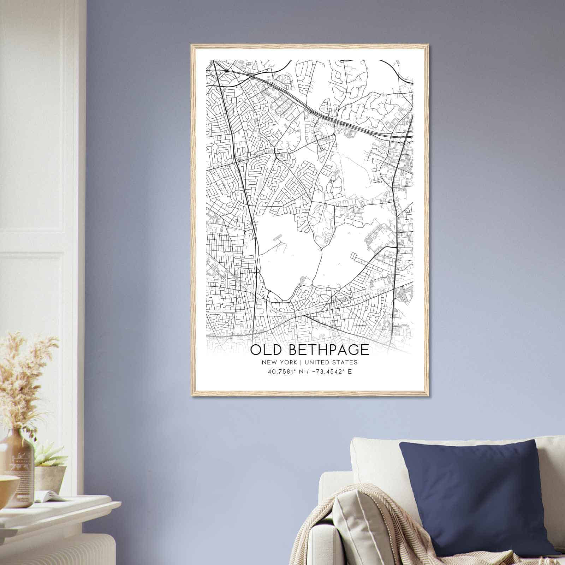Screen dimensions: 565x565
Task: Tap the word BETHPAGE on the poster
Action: (x=329, y=350)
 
